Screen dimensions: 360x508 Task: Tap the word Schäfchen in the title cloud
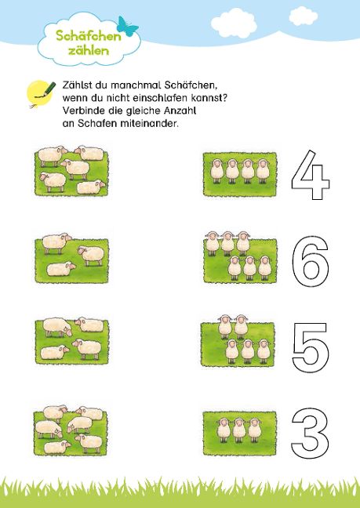pos(89,35)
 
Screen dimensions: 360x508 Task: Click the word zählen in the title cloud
pos(89,50)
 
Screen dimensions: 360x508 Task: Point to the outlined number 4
pos(311,175)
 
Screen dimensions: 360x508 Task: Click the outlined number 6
pos(311,261)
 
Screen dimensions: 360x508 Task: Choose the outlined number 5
pos(311,347)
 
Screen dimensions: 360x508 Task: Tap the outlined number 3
pos(310,433)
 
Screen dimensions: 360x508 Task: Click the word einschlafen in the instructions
pos(162,98)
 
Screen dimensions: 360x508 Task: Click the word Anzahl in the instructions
pos(180,111)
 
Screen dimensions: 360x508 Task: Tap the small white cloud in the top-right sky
pos(303,16)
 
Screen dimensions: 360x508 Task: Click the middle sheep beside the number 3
pos(239,430)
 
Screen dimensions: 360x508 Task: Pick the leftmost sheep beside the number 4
pos(216,171)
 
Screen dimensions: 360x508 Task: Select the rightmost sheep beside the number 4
pos(263,171)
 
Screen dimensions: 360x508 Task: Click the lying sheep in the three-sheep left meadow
pos(61,269)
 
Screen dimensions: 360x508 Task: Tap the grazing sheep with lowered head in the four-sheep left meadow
pos(58,327)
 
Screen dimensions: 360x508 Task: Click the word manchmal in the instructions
pos(136,85)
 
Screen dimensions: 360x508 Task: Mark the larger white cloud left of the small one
pos(234,23)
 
